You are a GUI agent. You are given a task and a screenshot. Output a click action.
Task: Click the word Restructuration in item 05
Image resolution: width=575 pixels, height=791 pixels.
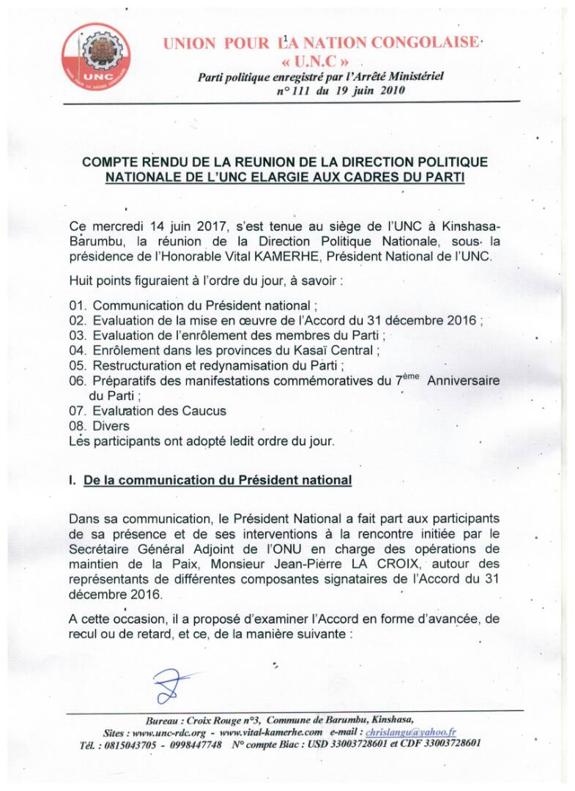[x=136, y=365]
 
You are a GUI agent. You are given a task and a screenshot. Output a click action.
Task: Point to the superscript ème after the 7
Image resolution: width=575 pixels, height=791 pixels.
[x=411, y=376]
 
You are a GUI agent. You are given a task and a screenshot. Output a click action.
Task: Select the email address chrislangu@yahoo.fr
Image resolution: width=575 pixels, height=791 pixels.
[x=421, y=732]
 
